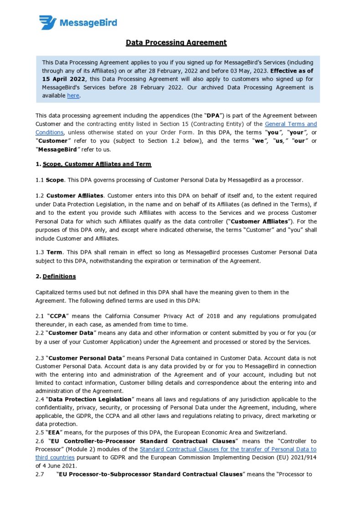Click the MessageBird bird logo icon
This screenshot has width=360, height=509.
(x=47, y=22)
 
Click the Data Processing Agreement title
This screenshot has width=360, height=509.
(x=176, y=42)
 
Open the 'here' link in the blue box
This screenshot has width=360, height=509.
(x=73, y=95)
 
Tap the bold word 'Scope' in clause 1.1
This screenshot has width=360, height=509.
(x=54, y=180)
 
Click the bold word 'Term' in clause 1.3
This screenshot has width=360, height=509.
(x=54, y=252)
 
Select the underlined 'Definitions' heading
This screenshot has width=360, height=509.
(x=59, y=276)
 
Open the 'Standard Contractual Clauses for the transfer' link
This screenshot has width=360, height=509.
(x=228, y=449)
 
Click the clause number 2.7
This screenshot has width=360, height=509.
(x=41, y=474)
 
